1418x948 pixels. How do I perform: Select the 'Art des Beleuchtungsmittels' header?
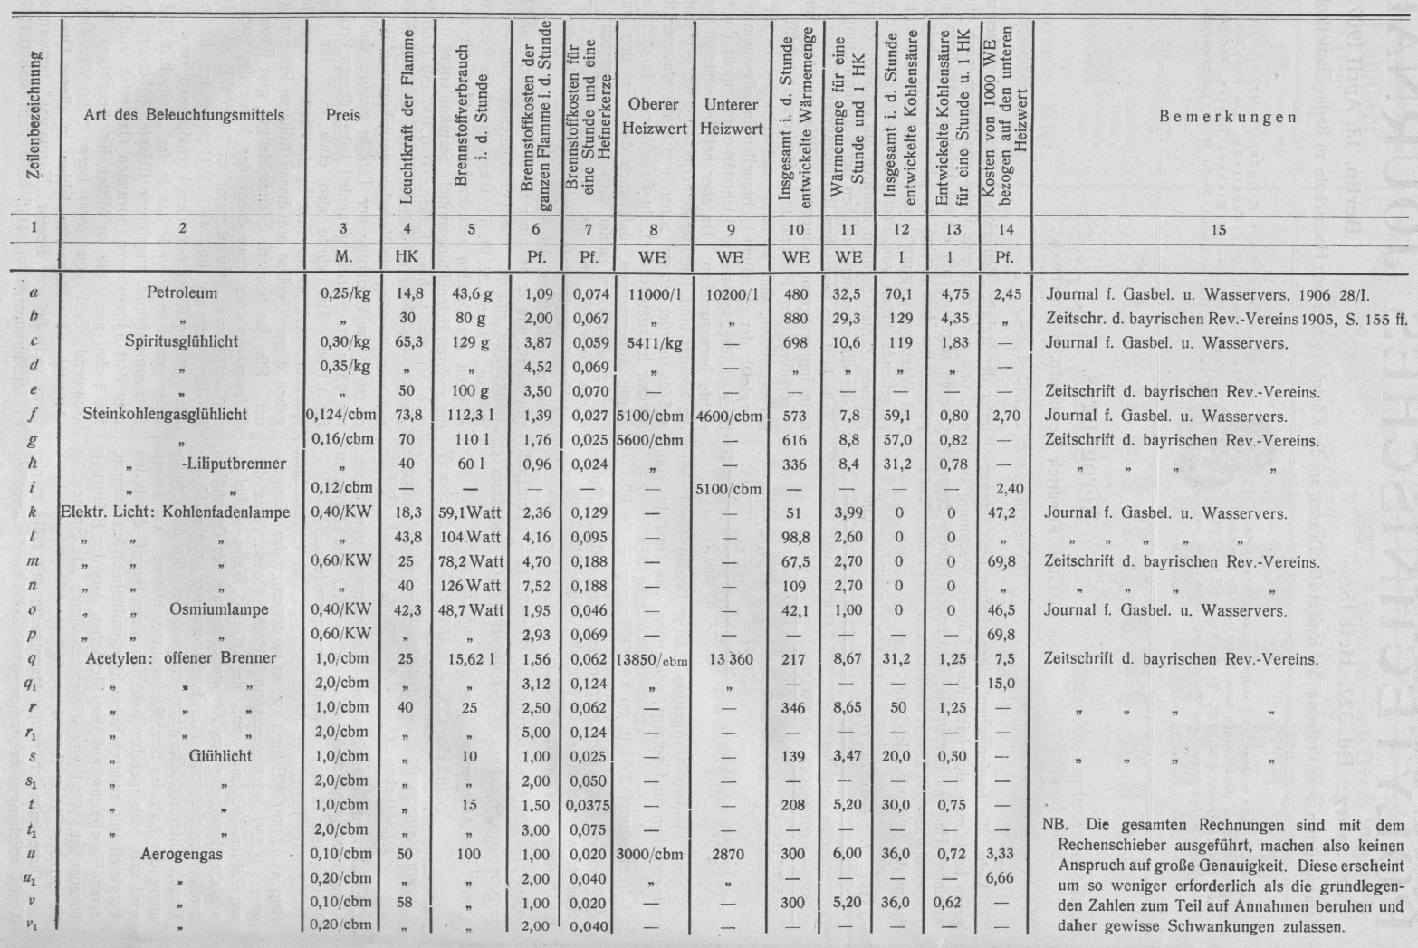point(184,115)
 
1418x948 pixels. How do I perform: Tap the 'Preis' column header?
point(343,116)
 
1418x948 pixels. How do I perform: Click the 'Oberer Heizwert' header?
point(653,117)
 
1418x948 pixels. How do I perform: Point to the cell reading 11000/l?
point(651,294)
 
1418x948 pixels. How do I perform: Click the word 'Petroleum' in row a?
point(182,293)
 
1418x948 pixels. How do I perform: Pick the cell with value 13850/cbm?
point(652,659)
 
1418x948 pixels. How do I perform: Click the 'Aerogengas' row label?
point(181,854)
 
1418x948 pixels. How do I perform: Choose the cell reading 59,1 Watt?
point(471,512)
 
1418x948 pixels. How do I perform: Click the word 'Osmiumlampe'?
point(218,609)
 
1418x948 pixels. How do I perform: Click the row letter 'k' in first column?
point(33,512)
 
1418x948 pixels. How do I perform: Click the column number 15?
point(1218,230)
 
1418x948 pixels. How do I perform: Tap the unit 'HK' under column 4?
point(407,257)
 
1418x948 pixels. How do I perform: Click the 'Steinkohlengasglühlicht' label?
point(165,416)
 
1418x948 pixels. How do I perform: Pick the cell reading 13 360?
point(729,659)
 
